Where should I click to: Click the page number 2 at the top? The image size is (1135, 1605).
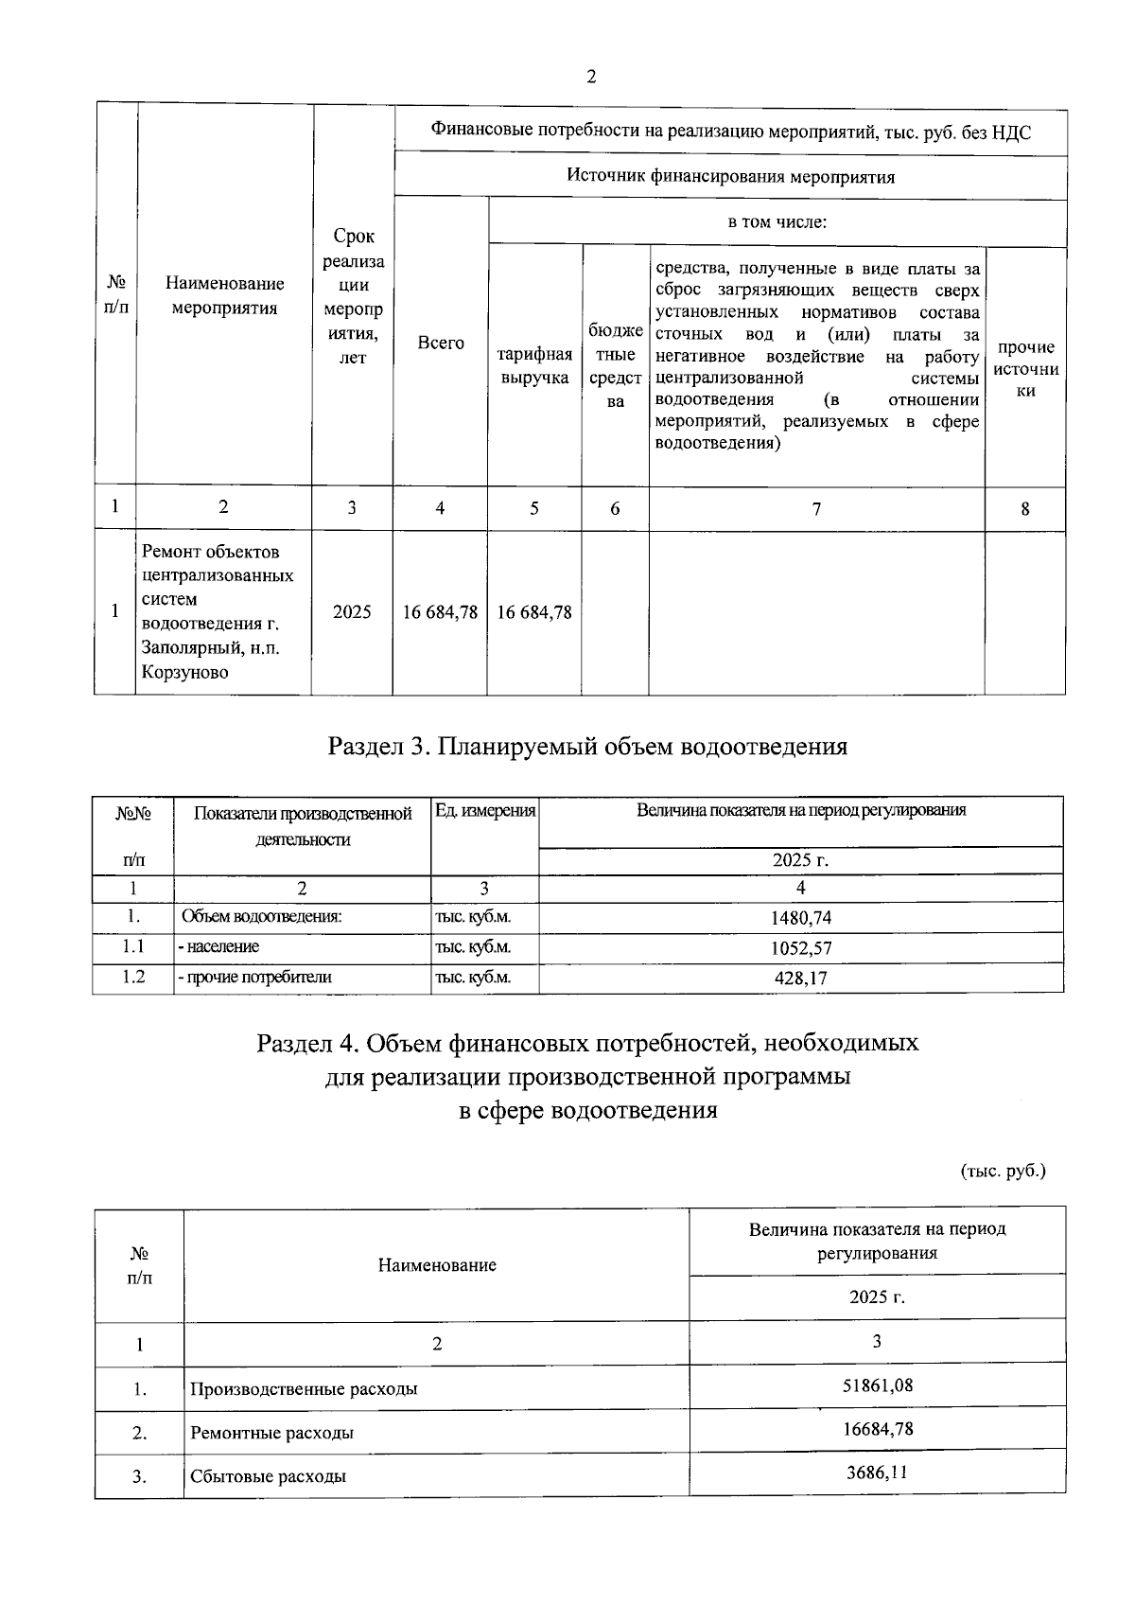(591, 78)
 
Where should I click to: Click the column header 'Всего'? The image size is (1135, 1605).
(441, 343)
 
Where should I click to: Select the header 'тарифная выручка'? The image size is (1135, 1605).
(534, 366)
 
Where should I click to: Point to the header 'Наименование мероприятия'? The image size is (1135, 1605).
(224, 295)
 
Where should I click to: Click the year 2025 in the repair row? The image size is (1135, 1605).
(352, 612)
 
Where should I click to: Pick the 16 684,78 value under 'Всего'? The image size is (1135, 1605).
(440, 612)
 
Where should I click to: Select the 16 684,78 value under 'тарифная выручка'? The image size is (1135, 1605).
(534, 612)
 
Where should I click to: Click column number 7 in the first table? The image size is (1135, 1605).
(816, 509)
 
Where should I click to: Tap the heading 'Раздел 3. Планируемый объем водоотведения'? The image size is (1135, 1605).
(587, 747)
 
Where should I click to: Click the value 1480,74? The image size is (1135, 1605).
(801, 917)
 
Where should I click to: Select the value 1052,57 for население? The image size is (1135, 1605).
(801, 947)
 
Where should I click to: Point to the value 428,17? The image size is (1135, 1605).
(801, 979)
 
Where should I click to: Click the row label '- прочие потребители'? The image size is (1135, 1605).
(254, 978)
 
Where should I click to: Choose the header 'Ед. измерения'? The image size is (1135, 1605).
(485, 811)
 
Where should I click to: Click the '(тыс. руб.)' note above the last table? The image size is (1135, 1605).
(1003, 1171)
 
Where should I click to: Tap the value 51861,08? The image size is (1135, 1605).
(878, 1385)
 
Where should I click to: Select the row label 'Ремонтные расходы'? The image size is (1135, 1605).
(272, 1433)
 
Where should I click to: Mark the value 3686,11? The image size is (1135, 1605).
(878, 1473)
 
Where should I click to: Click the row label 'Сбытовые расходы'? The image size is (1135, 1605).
(268, 1476)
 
